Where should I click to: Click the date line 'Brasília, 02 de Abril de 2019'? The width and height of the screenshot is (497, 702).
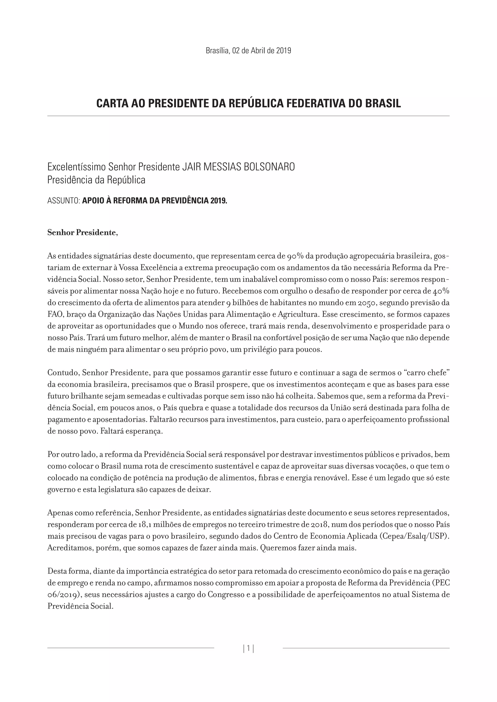tap(248, 51)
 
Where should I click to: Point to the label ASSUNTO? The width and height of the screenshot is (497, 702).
tap(64, 201)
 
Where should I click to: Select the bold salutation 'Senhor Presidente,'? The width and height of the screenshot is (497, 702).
tap(83, 233)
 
